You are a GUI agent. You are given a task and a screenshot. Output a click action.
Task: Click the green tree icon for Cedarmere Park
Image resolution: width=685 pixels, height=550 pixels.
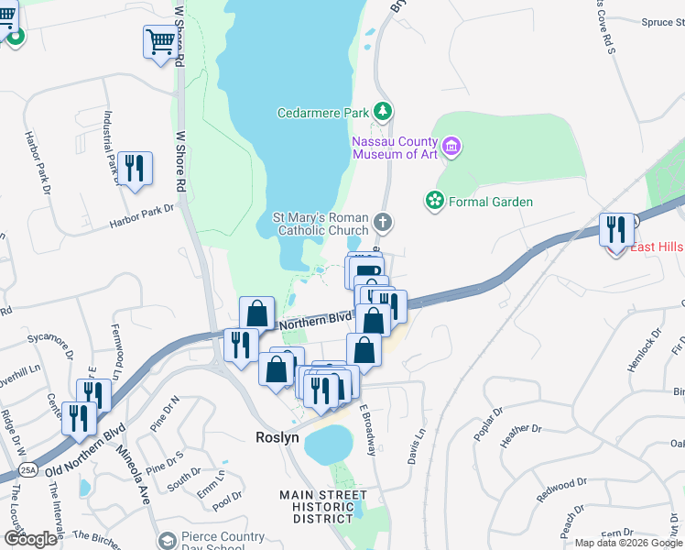point(383,113)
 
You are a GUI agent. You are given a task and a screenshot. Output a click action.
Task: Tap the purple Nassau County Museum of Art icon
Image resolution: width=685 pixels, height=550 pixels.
point(451,146)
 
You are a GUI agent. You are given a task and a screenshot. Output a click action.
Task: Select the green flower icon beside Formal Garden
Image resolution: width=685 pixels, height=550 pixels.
point(434,200)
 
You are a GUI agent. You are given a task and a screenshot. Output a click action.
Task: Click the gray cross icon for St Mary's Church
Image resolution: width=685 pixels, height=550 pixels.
point(384,222)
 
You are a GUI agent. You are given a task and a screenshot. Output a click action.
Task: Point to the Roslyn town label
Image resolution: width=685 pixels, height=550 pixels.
point(277,438)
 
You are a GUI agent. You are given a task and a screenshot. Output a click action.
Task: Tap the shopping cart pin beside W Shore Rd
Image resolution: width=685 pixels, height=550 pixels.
point(159,41)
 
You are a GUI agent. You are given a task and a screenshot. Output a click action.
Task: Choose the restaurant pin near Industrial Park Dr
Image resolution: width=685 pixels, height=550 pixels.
point(135,168)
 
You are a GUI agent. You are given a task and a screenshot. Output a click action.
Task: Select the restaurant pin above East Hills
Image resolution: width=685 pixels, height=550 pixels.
point(616,228)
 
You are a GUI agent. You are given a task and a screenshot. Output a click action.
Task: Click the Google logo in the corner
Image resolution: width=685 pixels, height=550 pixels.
point(30,538)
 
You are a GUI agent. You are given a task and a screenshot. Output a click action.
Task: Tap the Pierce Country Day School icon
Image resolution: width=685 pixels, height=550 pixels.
point(167,542)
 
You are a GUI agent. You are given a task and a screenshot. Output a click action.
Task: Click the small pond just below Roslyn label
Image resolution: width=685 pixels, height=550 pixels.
point(328,445)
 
